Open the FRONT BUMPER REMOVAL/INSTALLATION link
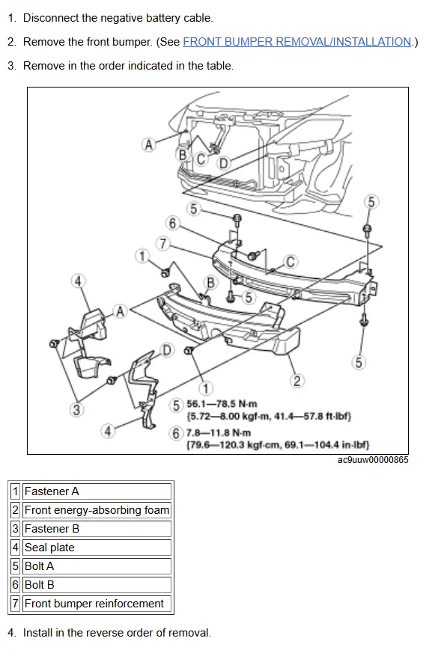coord(297,42)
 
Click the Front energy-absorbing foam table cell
coord(97,510)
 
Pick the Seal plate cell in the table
coord(97,548)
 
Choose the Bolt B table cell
coord(97,584)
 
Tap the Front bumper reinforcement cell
coord(97,604)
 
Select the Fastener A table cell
coord(97,491)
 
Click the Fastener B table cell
coord(97,529)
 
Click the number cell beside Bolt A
coord(16,566)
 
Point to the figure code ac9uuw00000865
coord(373,460)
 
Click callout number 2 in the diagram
coord(297,381)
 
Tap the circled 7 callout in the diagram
coord(163,244)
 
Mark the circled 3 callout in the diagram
coord(76,409)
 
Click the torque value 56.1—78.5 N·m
coord(222,404)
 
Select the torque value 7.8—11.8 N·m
coord(219,432)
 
